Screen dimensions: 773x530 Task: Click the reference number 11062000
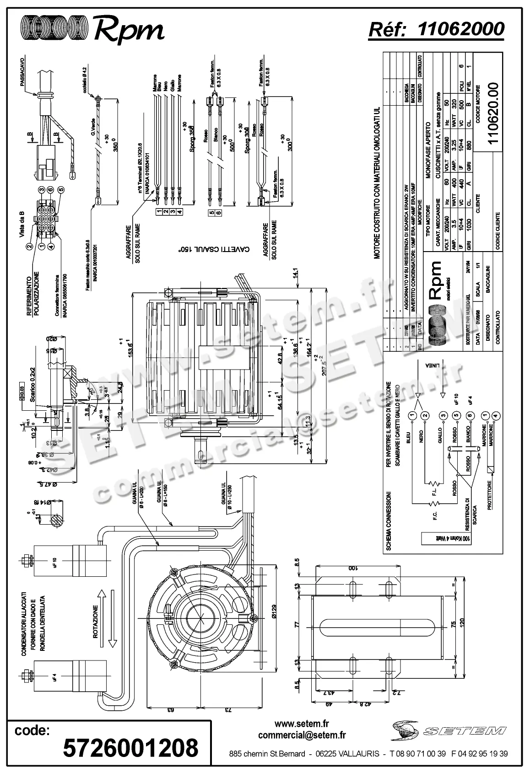[x=461, y=29]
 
